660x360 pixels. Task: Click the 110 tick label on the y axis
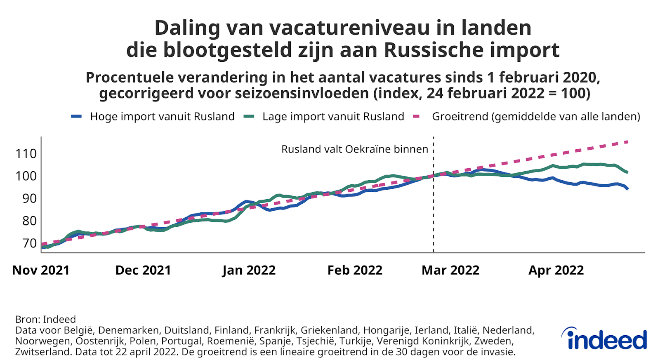(x=26, y=154)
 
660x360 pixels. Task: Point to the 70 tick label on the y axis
(x=30, y=243)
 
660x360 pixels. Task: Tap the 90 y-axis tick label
(x=30, y=198)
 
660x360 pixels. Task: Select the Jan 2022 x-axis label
(x=249, y=270)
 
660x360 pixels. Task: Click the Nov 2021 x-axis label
(x=41, y=270)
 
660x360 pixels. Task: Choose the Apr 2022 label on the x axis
(x=556, y=270)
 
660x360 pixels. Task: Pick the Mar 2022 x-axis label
(x=450, y=270)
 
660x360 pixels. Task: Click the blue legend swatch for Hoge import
(x=76, y=117)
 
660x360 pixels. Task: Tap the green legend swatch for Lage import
(x=249, y=117)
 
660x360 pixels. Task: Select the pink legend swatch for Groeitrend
(x=416, y=117)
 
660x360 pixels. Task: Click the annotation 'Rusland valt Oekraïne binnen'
(x=355, y=149)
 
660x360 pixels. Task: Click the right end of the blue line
(x=627, y=188)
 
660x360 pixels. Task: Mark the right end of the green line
(x=627, y=172)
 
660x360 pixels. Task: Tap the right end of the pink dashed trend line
(x=627, y=142)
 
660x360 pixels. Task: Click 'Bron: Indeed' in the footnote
(x=45, y=319)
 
